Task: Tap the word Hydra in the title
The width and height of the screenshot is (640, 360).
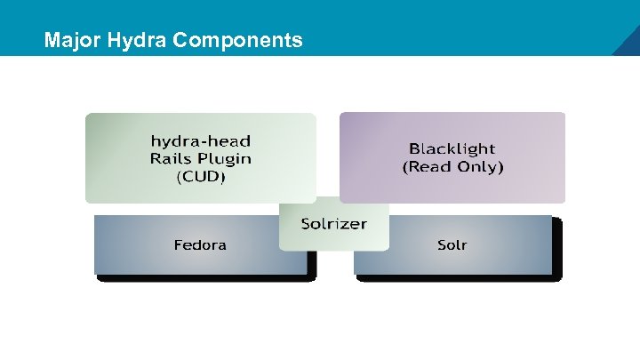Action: click(132, 40)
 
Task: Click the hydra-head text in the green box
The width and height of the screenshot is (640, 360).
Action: click(200, 141)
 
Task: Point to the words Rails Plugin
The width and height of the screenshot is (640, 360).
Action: click(200, 158)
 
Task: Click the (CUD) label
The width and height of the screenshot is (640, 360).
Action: click(201, 176)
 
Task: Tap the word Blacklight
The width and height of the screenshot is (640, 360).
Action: click(452, 148)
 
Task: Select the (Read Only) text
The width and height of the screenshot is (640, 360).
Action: click(452, 166)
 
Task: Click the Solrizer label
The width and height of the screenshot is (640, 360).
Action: click(333, 223)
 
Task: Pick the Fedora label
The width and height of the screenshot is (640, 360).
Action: click(200, 244)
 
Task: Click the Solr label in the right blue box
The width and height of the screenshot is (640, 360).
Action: click(452, 244)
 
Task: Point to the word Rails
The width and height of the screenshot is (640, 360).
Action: click(169, 158)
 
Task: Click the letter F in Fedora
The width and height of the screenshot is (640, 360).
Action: click(178, 244)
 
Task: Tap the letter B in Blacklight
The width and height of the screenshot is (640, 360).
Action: click(414, 148)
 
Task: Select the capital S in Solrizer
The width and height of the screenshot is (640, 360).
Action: click(306, 223)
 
